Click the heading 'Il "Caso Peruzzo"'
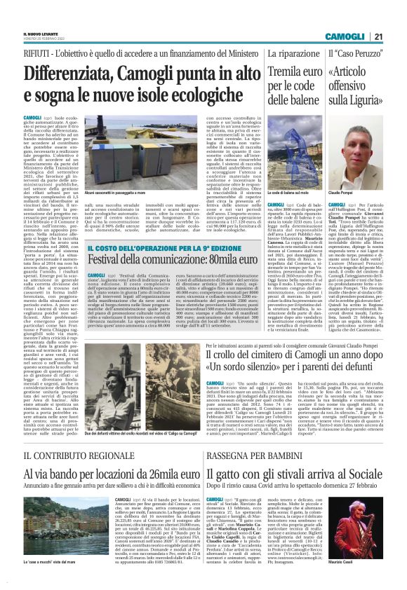[x=354, y=53]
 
